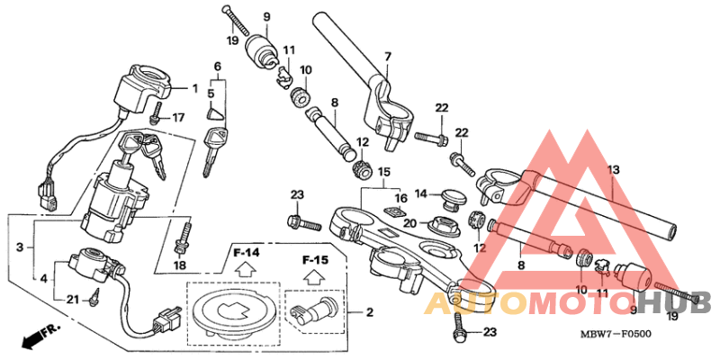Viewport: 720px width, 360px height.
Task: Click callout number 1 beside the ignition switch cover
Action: tap(193, 88)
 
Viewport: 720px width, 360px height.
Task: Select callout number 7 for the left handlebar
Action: tap(387, 57)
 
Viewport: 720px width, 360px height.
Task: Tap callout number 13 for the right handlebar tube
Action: tap(613, 169)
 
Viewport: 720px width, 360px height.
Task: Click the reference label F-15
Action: tap(314, 260)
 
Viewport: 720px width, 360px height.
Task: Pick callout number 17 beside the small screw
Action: tap(177, 117)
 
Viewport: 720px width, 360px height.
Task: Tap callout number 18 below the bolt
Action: tap(178, 265)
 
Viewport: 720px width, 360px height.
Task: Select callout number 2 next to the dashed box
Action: tap(368, 312)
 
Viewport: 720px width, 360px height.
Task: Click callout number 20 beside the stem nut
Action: tap(409, 223)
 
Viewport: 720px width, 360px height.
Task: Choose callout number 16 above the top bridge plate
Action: tap(401, 197)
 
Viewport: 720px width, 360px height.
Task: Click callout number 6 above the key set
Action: tap(217, 67)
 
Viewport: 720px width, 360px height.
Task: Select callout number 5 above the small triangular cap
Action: tap(211, 92)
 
